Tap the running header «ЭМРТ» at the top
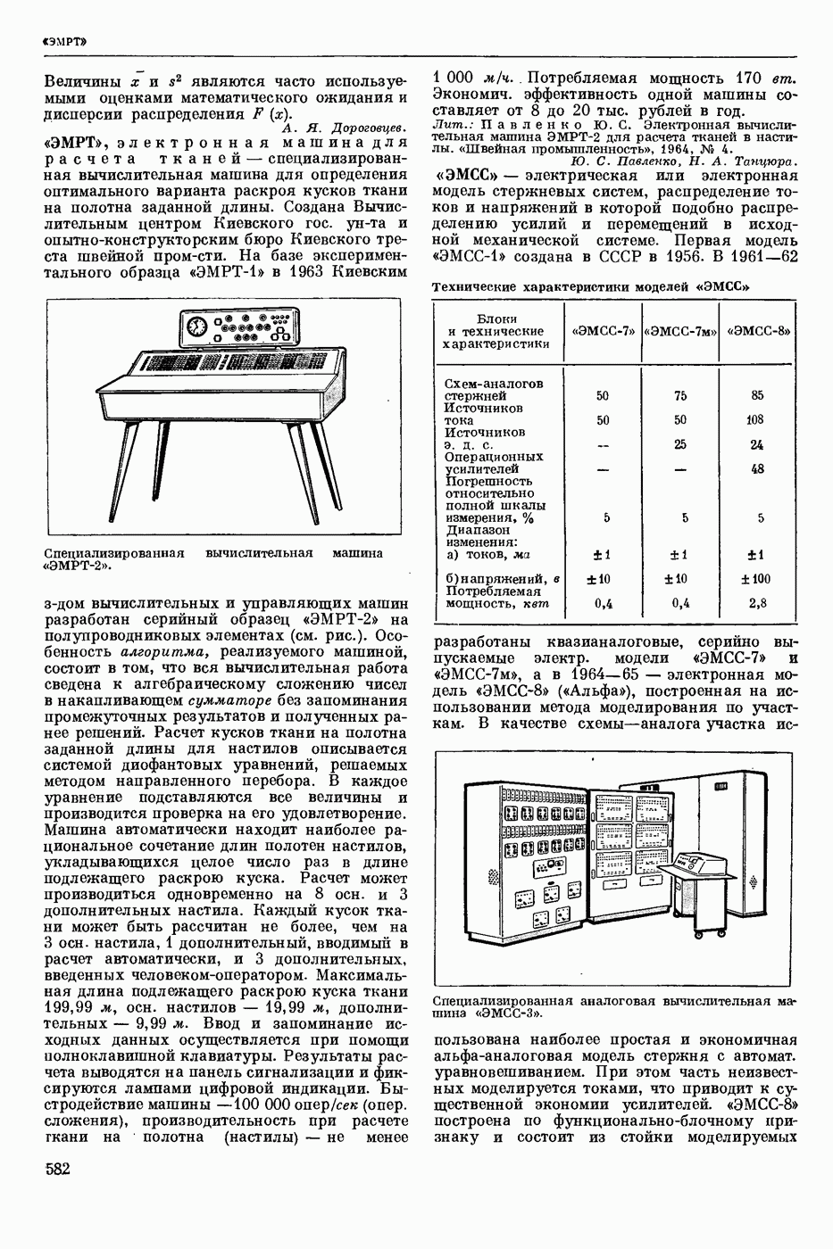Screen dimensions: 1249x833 (x=63, y=41)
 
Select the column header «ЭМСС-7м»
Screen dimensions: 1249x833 (x=680, y=331)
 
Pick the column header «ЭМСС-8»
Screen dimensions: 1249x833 (x=759, y=331)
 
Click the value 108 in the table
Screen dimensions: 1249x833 (x=757, y=419)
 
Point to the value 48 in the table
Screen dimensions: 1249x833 (x=757, y=468)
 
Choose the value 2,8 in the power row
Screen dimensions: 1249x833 (x=757, y=603)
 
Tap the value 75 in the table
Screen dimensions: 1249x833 (x=680, y=395)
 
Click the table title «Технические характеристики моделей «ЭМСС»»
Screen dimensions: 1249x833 (x=590, y=287)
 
